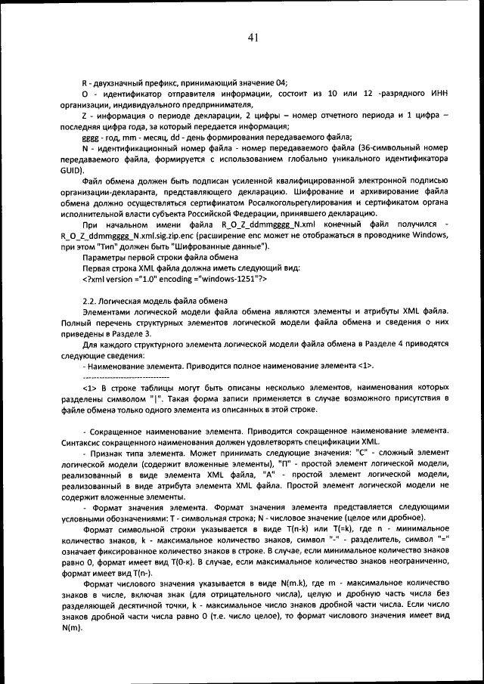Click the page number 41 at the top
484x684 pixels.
point(253,38)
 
